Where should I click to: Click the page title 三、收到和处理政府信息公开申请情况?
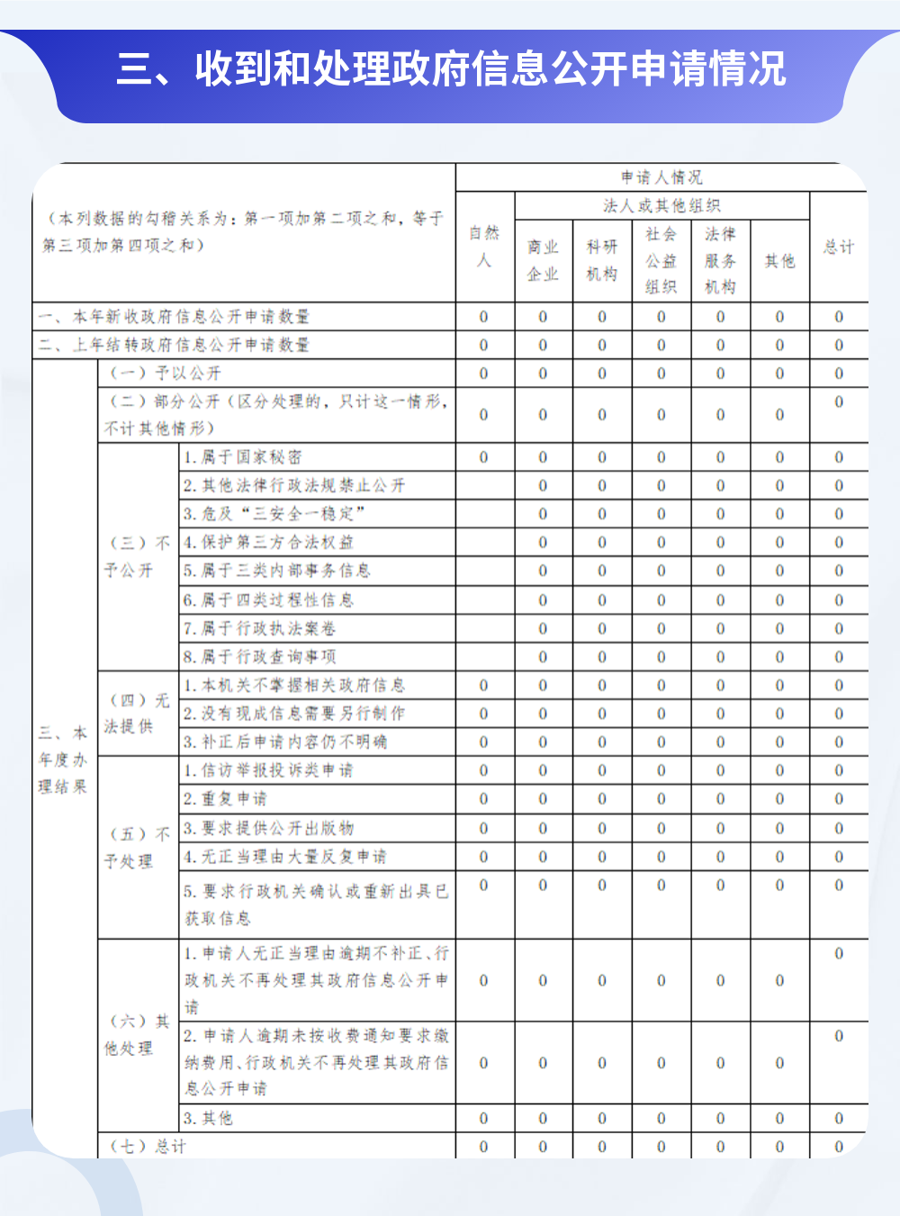(x=451, y=69)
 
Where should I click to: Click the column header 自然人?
(x=484, y=247)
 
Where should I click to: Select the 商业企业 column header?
(x=543, y=260)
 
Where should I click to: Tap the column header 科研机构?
(x=602, y=260)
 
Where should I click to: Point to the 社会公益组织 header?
(x=661, y=260)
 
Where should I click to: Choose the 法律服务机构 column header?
(x=720, y=260)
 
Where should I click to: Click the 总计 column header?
(x=839, y=247)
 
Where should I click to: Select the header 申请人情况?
(x=661, y=177)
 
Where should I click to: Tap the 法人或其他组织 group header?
(x=661, y=206)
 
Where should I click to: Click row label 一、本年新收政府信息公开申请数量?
(x=174, y=317)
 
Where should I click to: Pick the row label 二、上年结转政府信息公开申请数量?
(x=174, y=345)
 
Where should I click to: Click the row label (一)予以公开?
(x=165, y=374)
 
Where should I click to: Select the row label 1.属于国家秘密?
(x=242, y=457)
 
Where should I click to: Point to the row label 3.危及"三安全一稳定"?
(x=274, y=514)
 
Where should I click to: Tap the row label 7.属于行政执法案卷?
(x=259, y=628)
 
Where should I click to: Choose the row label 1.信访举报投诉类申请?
(x=268, y=770)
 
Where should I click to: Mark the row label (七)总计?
(x=148, y=1147)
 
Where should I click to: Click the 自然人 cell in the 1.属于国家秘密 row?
(x=484, y=457)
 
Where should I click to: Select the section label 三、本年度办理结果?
(x=63, y=760)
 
